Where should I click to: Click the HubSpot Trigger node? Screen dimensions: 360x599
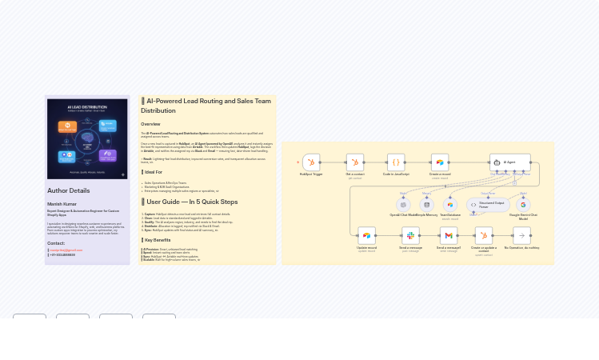coord(311,162)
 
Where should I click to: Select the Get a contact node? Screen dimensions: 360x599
coord(355,162)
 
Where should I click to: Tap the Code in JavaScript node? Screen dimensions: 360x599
coord(396,162)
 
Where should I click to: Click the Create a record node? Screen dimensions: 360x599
coord(440,162)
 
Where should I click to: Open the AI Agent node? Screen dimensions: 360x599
coord(509,162)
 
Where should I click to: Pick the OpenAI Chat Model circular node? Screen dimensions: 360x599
coord(403,205)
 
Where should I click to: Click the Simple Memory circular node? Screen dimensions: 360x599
coord(426,205)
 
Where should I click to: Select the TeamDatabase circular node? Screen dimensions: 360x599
coord(450,205)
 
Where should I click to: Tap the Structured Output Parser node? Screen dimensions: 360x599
coord(488,205)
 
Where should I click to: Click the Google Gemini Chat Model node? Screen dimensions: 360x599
coord(523,205)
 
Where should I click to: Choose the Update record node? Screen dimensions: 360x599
coord(366,235)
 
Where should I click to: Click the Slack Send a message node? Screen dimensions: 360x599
coord(410,235)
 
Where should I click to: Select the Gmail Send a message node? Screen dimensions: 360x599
coord(449,235)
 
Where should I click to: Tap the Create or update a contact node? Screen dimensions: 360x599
coord(484,235)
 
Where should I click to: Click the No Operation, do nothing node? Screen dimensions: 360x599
coord(521,235)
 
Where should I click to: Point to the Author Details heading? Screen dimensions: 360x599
coord(69,190)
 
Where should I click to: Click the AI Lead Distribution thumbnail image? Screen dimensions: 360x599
coord(87,138)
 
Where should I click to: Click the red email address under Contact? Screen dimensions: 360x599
coord(66,250)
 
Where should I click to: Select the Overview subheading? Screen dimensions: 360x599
coord(150,124)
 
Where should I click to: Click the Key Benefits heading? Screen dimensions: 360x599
coord(157,240)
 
